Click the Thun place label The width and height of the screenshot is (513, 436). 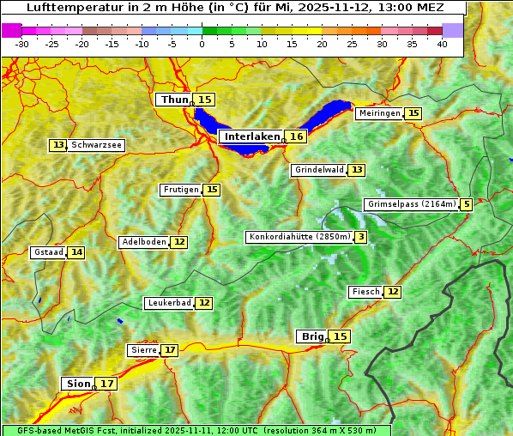[x=173, y=100]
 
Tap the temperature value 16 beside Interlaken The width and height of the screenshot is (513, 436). [x=297, y=136]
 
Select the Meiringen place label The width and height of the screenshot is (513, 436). [x=378, y=113]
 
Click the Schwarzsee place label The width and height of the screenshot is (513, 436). [x=97, y=145]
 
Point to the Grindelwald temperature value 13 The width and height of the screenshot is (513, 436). [x=356, y=170]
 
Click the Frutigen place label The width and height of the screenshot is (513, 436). [x=180, y=190]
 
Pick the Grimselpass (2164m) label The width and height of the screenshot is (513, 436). [x=411, y=204]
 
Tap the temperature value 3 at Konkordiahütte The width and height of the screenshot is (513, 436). [x=361, y=237]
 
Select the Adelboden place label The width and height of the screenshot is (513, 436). [x=143, y=242]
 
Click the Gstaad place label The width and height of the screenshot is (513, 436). [x=48, y=252]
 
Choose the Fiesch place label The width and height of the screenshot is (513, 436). [x=365, y=292]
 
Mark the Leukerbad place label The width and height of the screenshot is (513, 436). [x=168, y=303]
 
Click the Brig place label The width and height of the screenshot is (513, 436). [x=311, y=336]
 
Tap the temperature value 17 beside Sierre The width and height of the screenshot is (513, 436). [x=170, y=350]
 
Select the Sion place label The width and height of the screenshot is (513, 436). [x=76, y=384]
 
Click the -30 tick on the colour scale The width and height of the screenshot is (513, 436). [x=22, y=44]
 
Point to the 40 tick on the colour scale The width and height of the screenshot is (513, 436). [x=442, y=44]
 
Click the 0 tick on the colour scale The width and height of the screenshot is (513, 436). [x=202, y=44]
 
